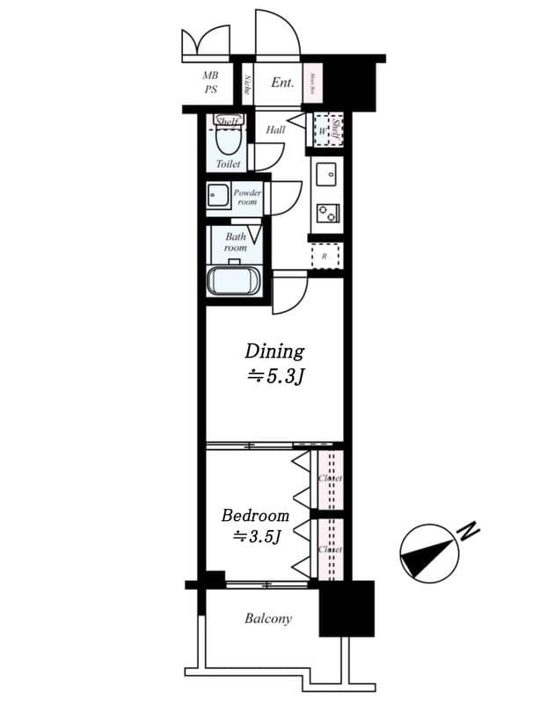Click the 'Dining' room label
tap(273, 351)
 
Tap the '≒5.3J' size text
tap(275, 377)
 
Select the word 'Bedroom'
tap(255, 515)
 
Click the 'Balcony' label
tap(267, 619)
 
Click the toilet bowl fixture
tap(228, 140)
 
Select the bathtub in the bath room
tap(234, 281)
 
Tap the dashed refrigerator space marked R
tap(325, 256)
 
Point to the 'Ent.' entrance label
tap(281, 83)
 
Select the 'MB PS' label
tap(211, 83)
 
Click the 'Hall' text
tap(275, 129)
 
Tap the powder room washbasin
tap(217, 195)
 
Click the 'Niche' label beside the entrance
tap(247, 84)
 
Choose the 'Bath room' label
tap(235, 242)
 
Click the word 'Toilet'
tap(228, 163)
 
